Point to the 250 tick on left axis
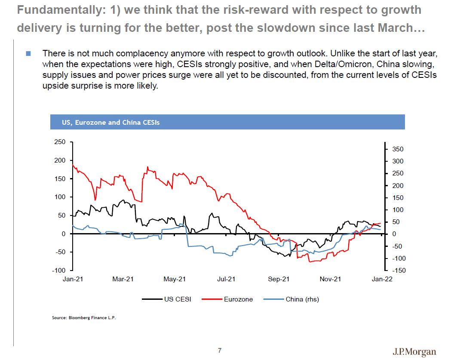(60, 142)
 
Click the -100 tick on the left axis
(58, 270)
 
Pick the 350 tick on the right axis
(398, 149)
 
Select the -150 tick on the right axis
(398, 271)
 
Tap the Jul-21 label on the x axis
(226, 279)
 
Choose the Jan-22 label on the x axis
(382, 279)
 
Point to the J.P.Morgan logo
(414, 352)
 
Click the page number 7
(220, 351)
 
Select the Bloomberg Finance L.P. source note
(84, 318)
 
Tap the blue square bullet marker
(28, 54)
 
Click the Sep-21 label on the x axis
(279, 279)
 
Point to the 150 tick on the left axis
(60, 178)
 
